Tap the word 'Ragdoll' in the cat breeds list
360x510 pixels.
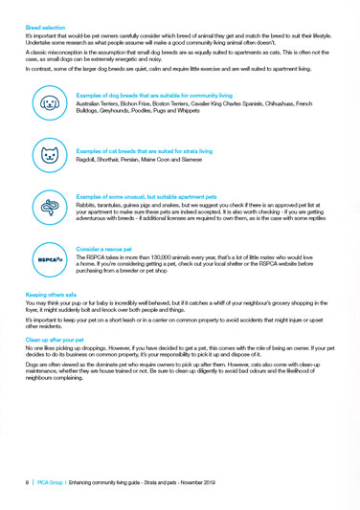point(86,158)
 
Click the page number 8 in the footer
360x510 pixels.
point(28,482)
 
